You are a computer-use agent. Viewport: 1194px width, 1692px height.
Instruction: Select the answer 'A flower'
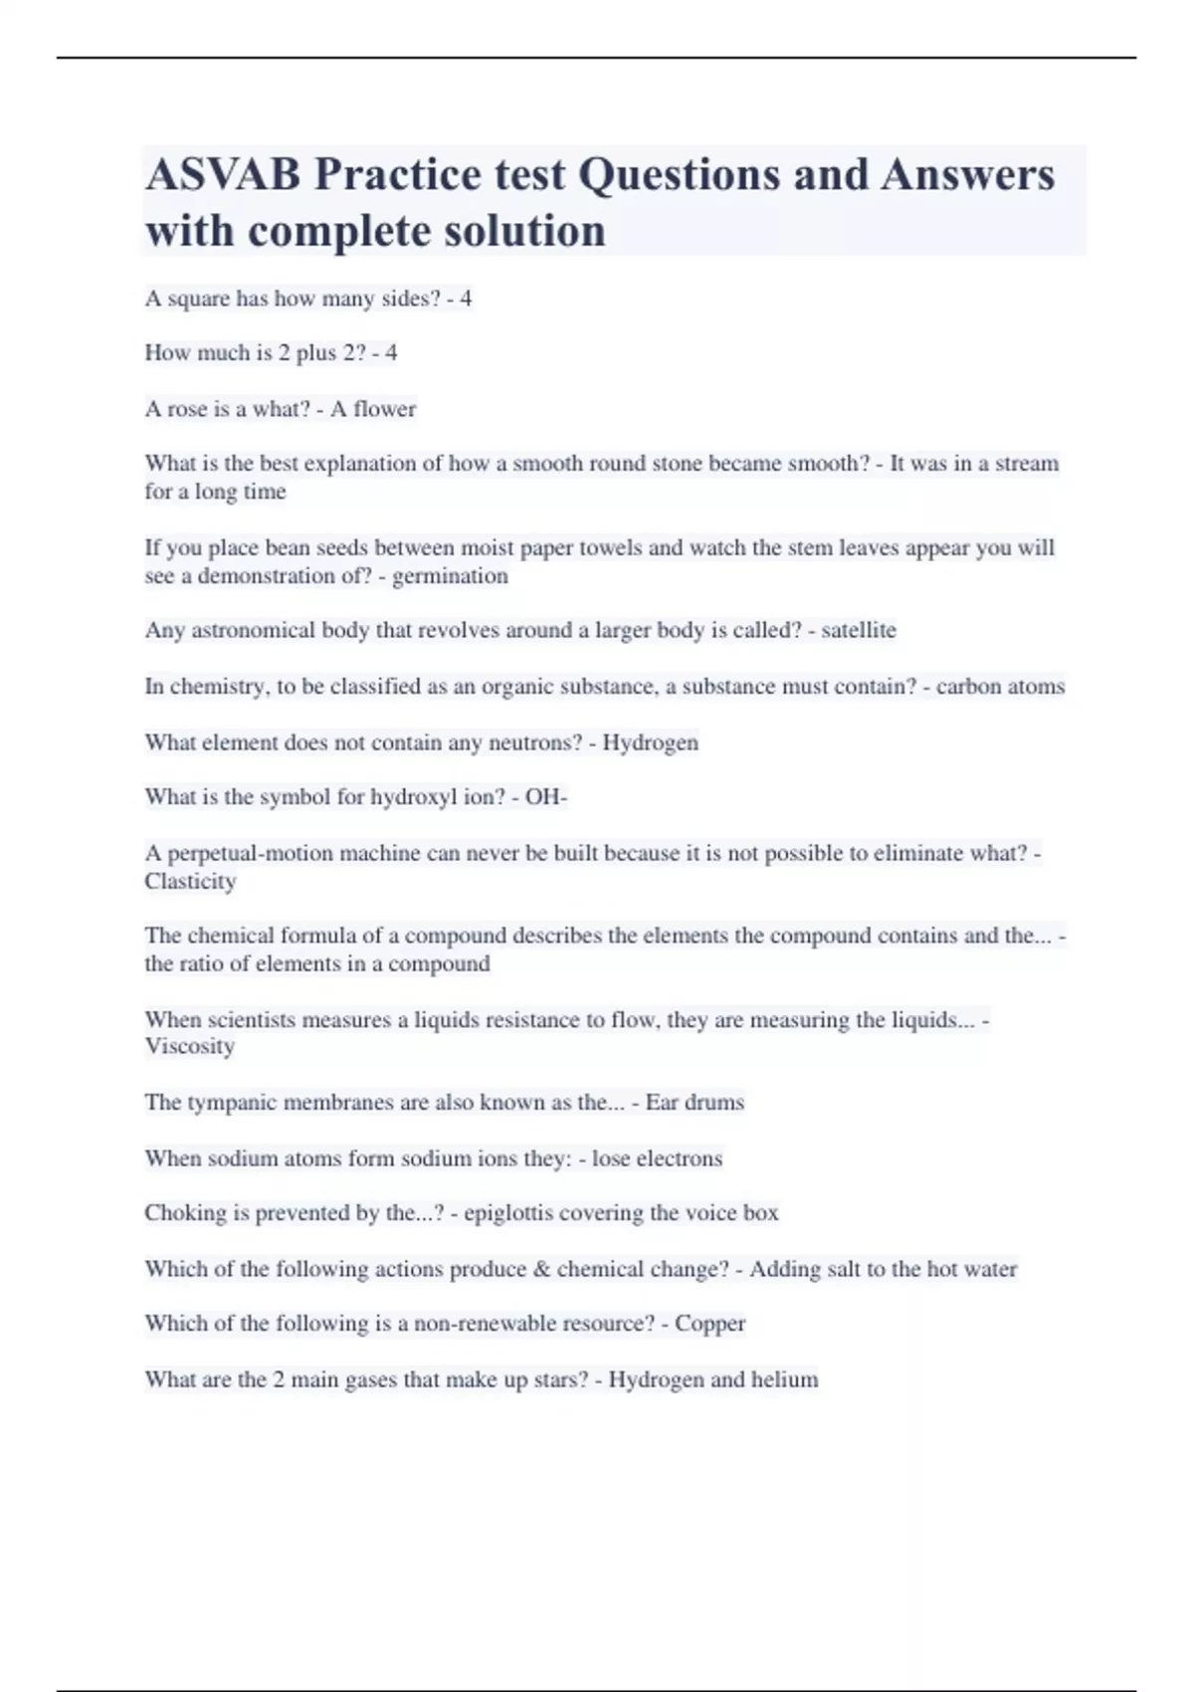(373, 409)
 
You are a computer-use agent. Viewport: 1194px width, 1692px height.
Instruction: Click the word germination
(450, 576)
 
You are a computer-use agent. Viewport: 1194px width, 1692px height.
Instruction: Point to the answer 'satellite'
(858, 630)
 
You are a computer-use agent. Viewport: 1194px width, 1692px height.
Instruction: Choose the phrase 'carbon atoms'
(1000, 687)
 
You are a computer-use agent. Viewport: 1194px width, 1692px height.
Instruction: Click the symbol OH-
(545, 797)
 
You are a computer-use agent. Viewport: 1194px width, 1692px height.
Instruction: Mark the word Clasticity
(190, 882)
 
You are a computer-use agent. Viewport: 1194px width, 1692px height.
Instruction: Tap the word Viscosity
(190, 1046)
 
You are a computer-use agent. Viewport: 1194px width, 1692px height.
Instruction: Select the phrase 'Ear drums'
(695, 1103)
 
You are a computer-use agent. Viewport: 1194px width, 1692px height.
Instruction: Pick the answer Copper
(709, 1324)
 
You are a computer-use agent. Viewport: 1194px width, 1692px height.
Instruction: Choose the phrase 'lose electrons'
(657, 1159)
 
